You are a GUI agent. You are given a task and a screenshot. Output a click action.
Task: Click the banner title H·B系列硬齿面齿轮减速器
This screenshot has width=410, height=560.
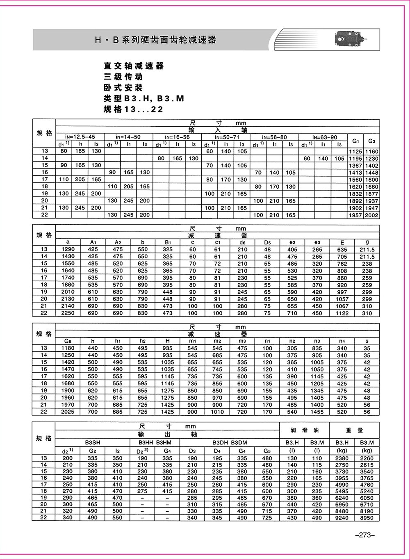coord(155,40)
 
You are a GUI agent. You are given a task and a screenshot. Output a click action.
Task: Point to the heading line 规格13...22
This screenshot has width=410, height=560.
coord(133,109)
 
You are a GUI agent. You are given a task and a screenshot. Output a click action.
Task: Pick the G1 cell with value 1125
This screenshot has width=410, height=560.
coord(355,151)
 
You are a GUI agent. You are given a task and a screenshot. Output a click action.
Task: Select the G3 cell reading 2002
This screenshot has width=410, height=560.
coord(371,215)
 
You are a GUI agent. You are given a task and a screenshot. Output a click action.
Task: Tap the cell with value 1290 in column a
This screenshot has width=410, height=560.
coord(68,249)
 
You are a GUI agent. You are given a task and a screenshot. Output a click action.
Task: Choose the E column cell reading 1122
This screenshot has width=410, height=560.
coord(342,313)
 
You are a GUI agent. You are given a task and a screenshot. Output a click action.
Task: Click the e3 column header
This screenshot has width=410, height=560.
coord(317,242)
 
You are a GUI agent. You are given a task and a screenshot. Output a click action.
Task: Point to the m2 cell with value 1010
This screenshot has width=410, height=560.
coord(217,412)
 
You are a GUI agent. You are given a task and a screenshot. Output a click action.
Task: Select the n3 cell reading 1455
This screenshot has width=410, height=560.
coord(317,412)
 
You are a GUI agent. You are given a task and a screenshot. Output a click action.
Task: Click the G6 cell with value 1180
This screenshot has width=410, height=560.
coord(68,348)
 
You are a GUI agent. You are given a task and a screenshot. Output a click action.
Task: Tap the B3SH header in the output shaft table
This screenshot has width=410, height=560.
coord(93,443)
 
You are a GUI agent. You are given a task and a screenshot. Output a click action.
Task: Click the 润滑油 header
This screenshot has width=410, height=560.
coord(305,430)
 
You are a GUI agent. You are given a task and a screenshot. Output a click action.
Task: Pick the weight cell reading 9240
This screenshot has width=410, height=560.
coord(342,518)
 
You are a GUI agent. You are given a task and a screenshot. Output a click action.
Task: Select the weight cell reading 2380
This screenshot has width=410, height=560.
coord(342,458)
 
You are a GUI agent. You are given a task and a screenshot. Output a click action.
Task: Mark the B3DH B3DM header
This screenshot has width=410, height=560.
coord(230,443)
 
